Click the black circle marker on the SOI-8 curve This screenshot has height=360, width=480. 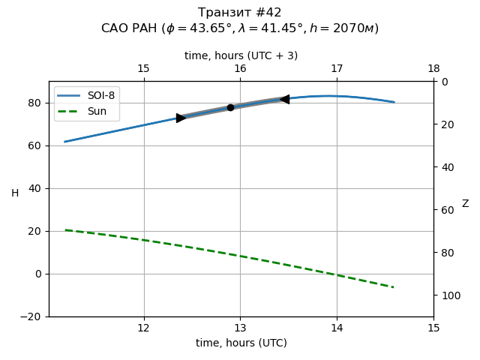230,107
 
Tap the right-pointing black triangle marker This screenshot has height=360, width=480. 181,118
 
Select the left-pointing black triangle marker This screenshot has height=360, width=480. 284,99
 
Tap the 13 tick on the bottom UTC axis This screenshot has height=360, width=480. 240,328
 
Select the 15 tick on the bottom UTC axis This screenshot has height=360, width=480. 433,328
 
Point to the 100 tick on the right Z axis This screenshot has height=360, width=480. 449,295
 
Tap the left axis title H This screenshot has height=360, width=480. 15,193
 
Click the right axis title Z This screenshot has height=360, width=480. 465,204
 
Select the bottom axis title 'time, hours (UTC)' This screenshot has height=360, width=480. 241,343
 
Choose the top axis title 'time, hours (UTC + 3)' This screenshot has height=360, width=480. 241,55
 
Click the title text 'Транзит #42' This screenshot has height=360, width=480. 240,13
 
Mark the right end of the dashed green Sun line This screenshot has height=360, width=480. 394,287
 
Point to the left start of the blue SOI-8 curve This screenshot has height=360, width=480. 64,142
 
